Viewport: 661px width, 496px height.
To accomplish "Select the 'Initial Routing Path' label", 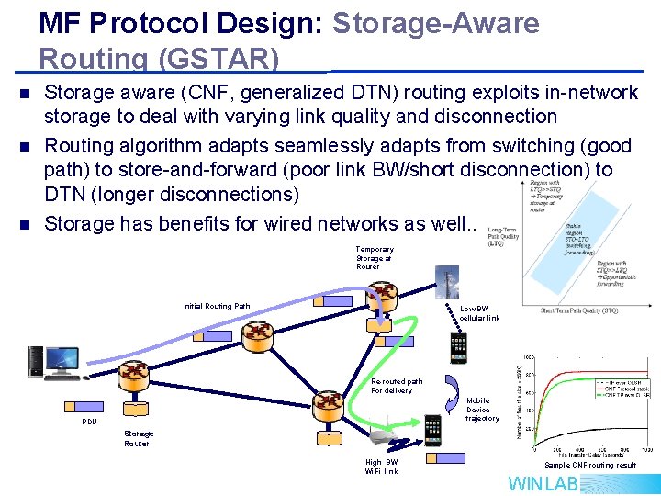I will point(217,306).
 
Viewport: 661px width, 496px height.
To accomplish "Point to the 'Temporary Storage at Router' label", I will point(375,258).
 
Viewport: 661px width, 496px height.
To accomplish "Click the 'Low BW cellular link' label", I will point(479,313).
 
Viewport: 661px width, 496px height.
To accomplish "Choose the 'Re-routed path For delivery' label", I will point(396,386).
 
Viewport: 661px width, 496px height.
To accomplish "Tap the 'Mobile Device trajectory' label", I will point(482,410).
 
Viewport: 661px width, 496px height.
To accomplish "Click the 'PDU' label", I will point(89,422).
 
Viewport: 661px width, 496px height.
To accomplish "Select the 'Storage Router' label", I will point(139,438).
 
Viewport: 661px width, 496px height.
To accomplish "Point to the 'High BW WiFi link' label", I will point(382,467).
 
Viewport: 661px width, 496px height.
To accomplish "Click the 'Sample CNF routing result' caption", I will point(590,465).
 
